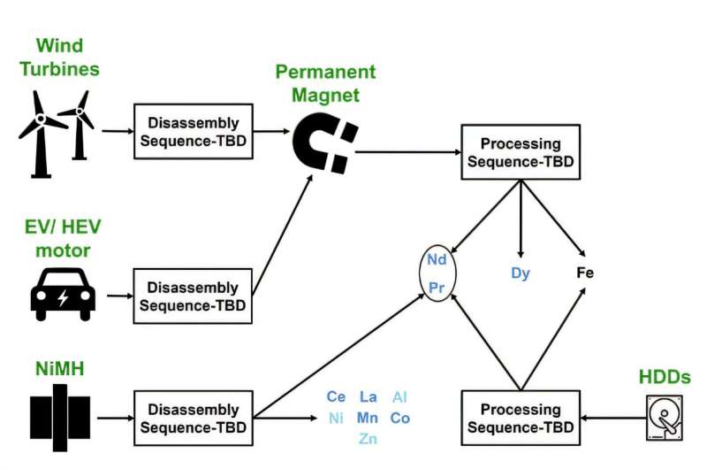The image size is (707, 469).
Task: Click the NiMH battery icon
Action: click(60, 418)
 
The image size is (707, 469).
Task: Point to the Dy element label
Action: click(521, 273)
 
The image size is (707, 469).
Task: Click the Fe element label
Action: click(585, 273)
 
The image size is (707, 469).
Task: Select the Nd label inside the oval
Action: click(437, 259)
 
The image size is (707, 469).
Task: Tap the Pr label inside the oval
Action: click(437, 288)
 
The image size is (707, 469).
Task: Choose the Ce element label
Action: click(336, 397)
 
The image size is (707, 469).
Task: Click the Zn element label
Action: click(368, 439)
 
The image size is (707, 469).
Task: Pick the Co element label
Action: click(399, 418)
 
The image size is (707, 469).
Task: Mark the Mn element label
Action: click(368, 418)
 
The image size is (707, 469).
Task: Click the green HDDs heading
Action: click(664, 378)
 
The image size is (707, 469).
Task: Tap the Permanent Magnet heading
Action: click(325, 81)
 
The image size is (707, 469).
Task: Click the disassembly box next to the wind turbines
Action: click(192, 130)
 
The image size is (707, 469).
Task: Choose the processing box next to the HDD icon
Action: click(520, 418)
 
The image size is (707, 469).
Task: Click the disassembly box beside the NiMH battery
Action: click(192, 418)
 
